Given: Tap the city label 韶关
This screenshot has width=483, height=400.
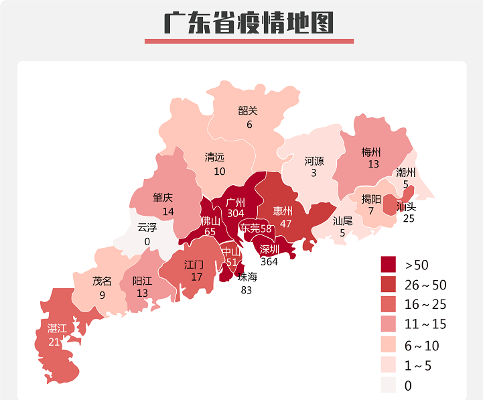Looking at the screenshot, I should pos(248,111).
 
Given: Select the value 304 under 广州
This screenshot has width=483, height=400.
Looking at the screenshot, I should pos(235,213).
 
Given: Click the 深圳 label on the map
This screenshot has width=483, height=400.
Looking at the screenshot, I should pos(269,249).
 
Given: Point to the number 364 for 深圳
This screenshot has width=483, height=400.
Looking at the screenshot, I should pos(269,261).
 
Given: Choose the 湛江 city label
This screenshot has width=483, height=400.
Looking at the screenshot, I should pos(57,328).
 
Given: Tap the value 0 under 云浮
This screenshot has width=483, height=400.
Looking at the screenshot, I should pos(147,241).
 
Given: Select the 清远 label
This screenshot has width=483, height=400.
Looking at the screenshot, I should pos(214,157).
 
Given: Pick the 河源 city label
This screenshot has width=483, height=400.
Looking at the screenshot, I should pos(314,161).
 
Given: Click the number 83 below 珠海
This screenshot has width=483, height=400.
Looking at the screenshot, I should pos(247,289).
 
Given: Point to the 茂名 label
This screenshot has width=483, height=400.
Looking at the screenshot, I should pos(102,281).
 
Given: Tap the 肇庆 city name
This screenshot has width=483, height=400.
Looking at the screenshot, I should pos(163,198).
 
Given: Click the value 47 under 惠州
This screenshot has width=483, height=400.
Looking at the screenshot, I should pos(286,223).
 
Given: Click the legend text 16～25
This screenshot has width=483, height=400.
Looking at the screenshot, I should pos(425,305).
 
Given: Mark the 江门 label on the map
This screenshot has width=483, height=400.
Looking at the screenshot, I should pos(194,264).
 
